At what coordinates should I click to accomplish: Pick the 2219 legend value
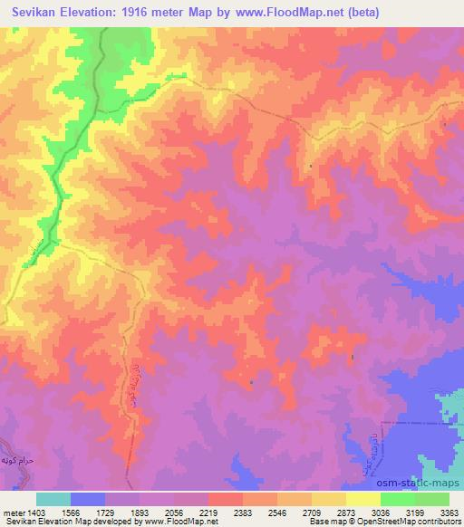coord(217,512)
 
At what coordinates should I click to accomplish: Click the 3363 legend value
coord(448,512)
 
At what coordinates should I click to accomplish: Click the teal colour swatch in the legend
coord(53,499)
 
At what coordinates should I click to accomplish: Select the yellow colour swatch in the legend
coord(363,499)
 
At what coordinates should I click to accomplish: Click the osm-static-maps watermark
coord(424,481)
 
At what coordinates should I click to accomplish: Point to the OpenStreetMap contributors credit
coord(400,522)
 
